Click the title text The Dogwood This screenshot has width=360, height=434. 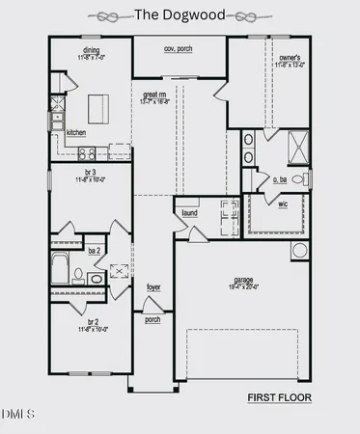(x=180, y=14)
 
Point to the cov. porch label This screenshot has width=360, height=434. (x=180, y=48)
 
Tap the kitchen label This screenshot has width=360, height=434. (x=76, y=132)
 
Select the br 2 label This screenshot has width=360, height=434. (x=94, y=321)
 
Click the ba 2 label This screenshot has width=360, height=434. (x=95, y=250)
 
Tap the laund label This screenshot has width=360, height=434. (x=189, y=213)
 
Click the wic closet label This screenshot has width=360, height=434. (x=283, y=204)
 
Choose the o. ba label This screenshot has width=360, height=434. (x=281, y=179)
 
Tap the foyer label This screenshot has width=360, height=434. (x=153, y=287)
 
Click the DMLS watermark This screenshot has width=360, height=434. (x=17, y=415)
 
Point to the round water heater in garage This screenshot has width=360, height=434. (x=300, y=250)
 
